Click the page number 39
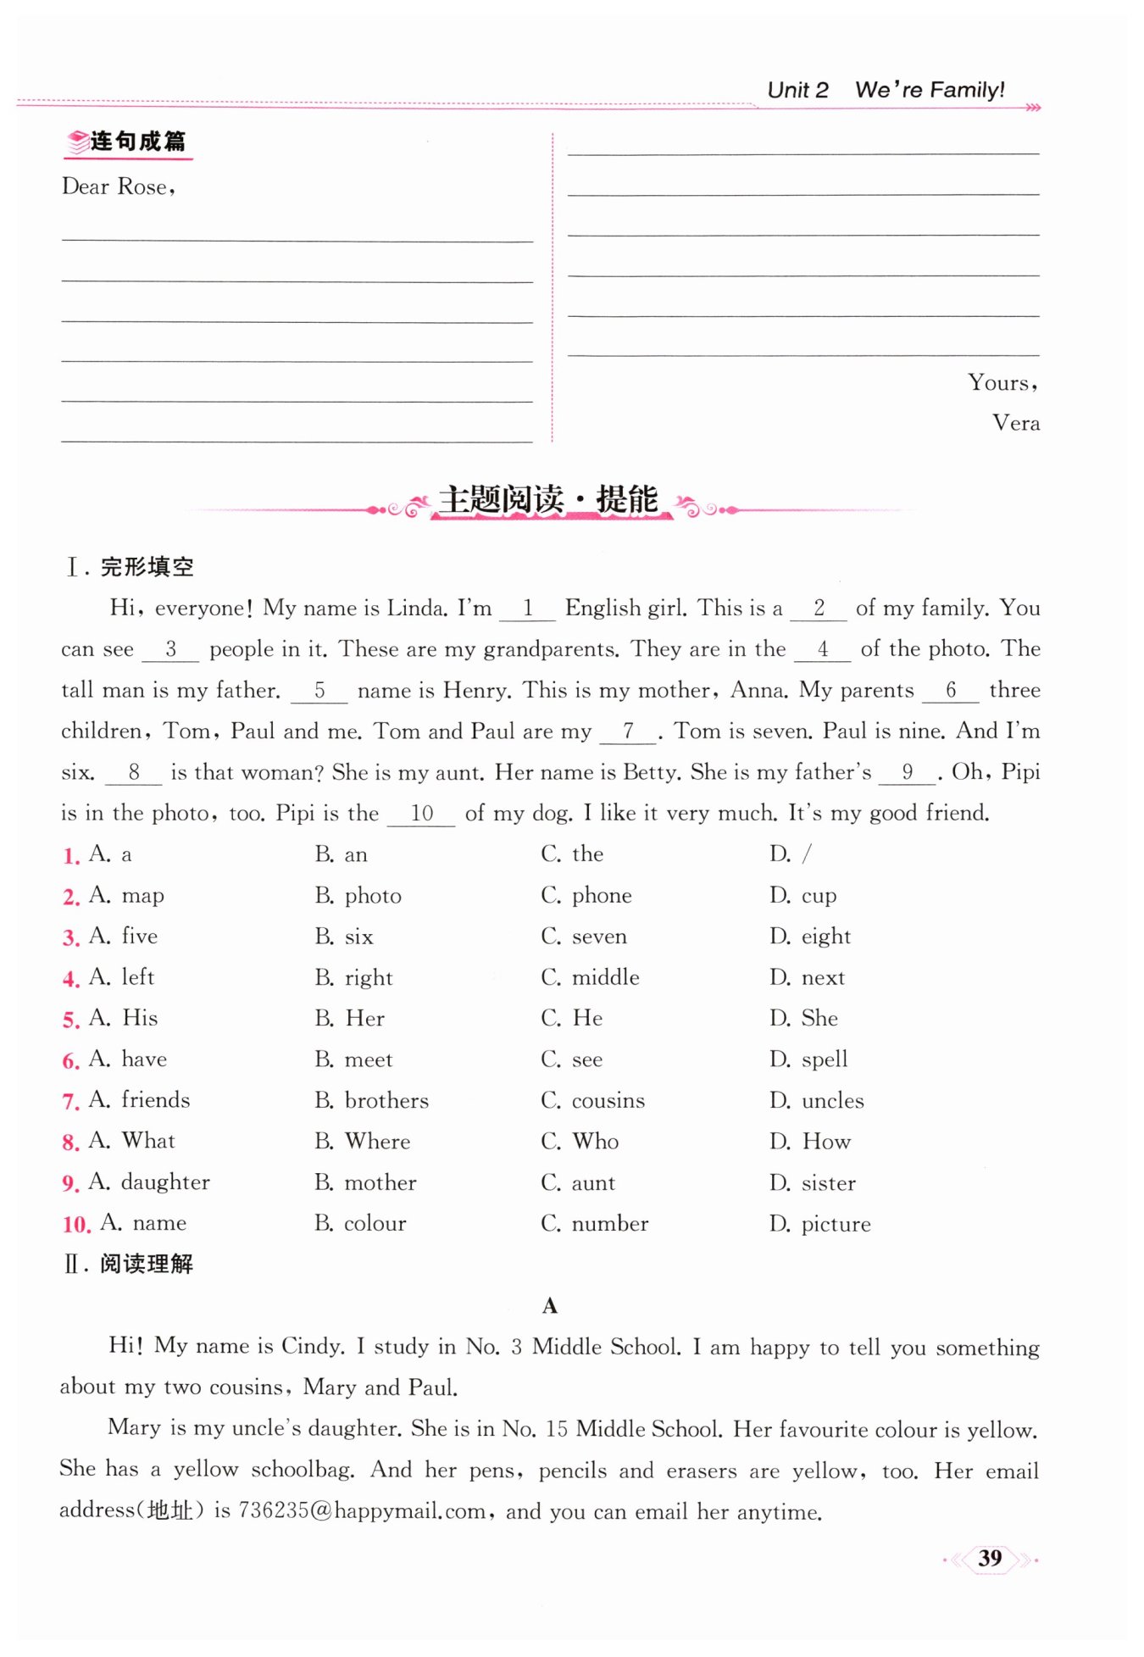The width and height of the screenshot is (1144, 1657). tap(989, 1558)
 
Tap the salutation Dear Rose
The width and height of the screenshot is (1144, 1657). tap(118, 186)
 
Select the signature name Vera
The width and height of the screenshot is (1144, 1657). tap(1015, 423)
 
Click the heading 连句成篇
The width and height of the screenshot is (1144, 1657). tap(137, 142)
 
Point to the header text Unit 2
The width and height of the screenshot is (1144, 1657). tap(797, 90)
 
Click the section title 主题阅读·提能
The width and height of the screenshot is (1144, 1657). tap(548, 500)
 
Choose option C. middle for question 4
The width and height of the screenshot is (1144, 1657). tap(591, 977)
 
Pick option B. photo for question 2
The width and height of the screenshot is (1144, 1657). tap(358, 896)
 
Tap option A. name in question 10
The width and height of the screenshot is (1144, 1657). tap(143, 1223)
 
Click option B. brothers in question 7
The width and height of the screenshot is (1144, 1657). tap(372, 1100)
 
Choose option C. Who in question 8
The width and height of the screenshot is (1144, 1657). tap(580, 1142)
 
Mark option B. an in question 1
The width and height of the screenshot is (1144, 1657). tap(342, 854)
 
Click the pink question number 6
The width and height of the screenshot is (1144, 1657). tap(70, 1060)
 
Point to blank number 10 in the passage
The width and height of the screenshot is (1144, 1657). tap(421, 814)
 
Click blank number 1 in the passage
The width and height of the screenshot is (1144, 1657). tap(527, 608)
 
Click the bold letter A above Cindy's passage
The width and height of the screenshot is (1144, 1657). tap(550, 1306)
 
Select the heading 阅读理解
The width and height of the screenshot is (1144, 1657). tap(146, 1264)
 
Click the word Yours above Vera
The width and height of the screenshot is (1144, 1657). tap(1001, 383)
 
